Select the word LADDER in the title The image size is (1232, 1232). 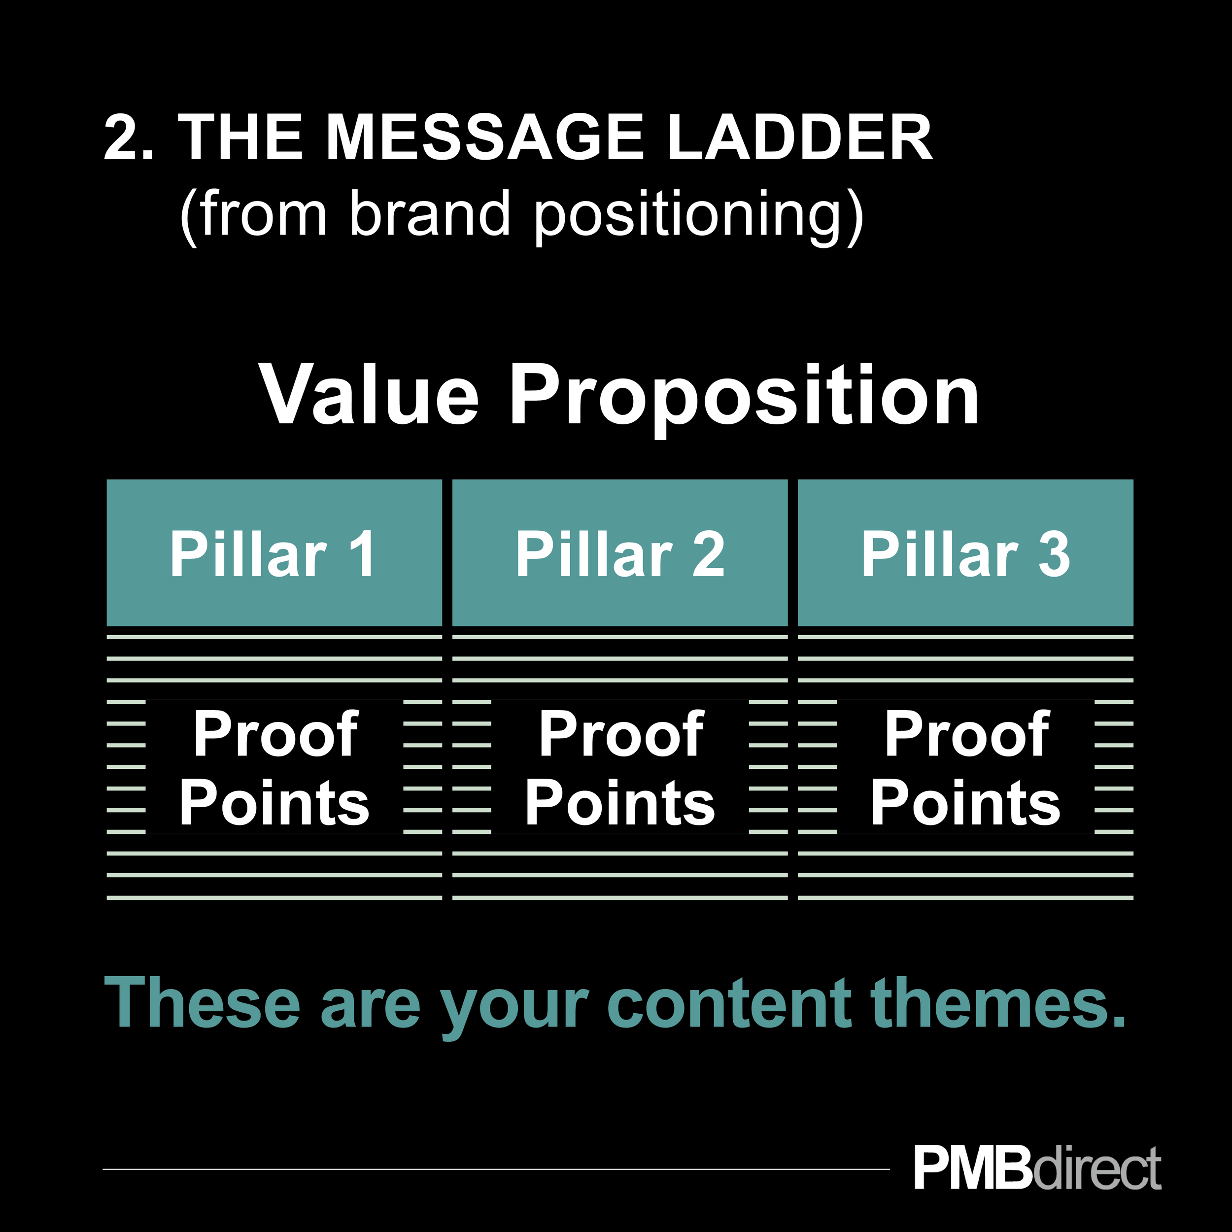[x=800, y=138]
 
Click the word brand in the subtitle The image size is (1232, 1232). [x=430, y=215]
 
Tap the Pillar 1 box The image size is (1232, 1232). [x=274, y=553]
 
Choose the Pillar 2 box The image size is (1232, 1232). [x=620, y=553]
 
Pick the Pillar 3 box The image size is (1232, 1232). [x=965, y=553]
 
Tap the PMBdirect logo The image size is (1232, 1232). [x=1037, y=1167]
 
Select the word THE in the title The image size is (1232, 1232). [x=240, y=138]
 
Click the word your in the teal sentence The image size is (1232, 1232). [x=514, y=1008]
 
